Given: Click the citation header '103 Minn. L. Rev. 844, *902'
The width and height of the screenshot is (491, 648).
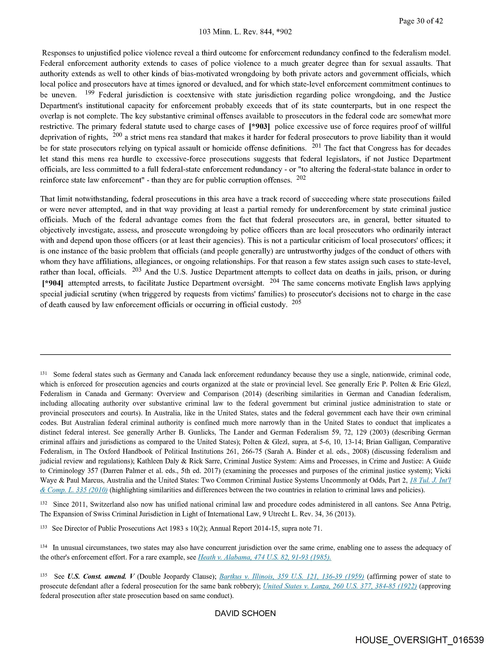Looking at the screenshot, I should coord(245,32).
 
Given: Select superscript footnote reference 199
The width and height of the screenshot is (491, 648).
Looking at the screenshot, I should coord(90,93).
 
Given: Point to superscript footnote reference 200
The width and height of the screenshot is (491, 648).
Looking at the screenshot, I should coord(117,135).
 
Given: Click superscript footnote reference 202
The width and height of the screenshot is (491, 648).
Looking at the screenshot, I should coord(301,178).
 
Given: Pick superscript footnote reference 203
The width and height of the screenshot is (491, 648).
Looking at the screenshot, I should coord(137,270).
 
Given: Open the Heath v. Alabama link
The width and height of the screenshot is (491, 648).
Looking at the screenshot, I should coord(264,557).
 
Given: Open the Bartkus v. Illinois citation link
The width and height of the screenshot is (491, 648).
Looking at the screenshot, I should coord(292,576).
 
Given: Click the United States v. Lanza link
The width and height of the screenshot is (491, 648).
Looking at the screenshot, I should coord(340,586).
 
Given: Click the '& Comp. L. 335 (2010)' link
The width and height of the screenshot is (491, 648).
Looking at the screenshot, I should coord(74,490).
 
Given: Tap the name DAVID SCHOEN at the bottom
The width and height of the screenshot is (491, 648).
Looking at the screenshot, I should coord(245,613).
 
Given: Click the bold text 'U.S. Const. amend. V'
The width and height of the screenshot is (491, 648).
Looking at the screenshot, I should coord(101,576).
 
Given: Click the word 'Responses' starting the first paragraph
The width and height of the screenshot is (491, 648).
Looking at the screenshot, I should coord(61,53).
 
